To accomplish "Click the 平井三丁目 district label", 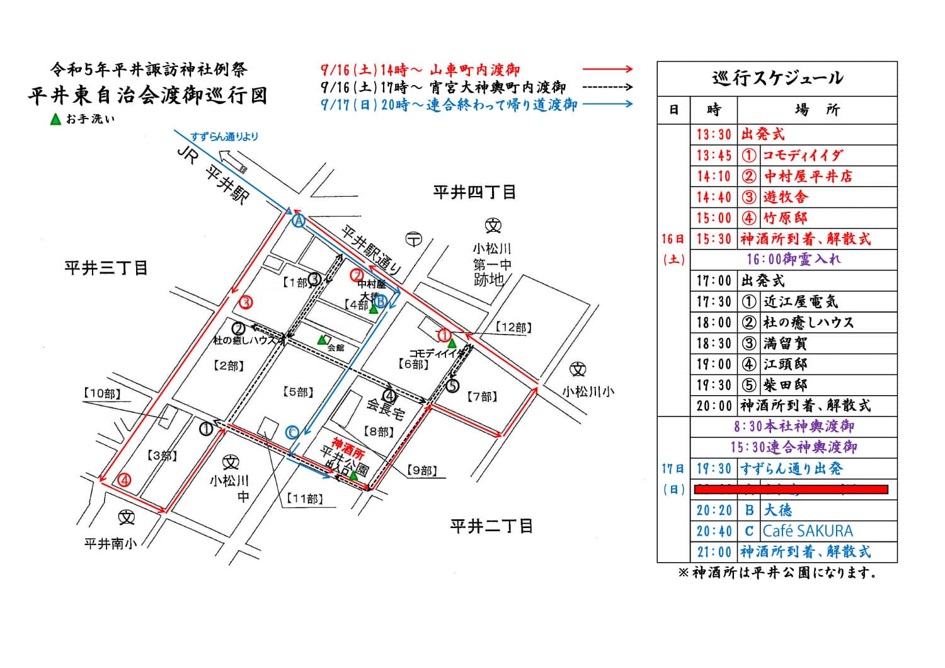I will click(106, 268).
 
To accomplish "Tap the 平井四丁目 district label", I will click(474, 192).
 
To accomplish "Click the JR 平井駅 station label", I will click(214, 175).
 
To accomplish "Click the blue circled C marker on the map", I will click(292, 432).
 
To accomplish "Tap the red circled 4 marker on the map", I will click(125, 480).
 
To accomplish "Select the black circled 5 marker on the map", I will click(452, 386).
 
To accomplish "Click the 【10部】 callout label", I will click(102, 393).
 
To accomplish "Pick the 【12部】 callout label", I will click(513, 327).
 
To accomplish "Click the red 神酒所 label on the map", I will click(348, 443).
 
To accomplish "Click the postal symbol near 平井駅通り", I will click(413, 239).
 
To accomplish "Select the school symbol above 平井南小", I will click(127, 517).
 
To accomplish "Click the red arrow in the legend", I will click(607, 69).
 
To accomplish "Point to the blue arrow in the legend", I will click(607, 104).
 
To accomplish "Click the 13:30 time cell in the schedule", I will click(714, 134).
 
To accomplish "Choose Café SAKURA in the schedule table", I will click(808, 531).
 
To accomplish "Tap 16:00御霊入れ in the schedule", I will click(793, 259).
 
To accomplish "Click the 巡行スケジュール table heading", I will click(777, 78).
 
